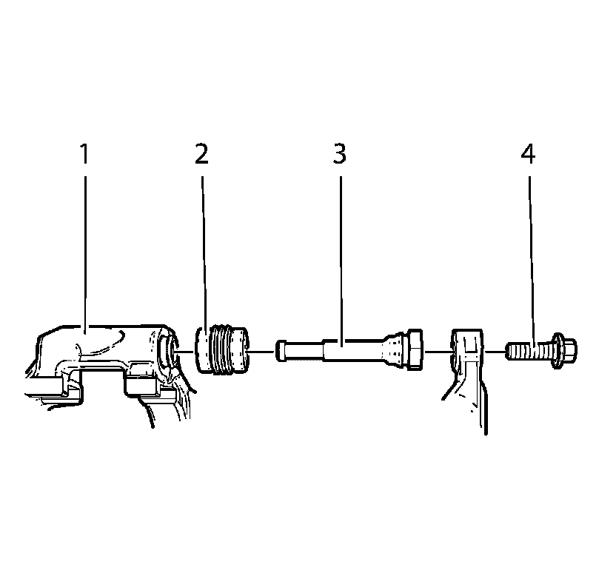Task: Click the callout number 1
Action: pyautogui.click(x=84, y=154)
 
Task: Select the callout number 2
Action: pyautogui.click(x=201, y=154)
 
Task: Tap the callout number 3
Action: pyautogui.click(x=339, y=154)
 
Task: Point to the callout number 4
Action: pyautogui.click(x=528, y=154)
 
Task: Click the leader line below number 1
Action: pyautogui.click(x=85, y=252)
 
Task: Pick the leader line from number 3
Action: pyautogui.click(x=341, y=261)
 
